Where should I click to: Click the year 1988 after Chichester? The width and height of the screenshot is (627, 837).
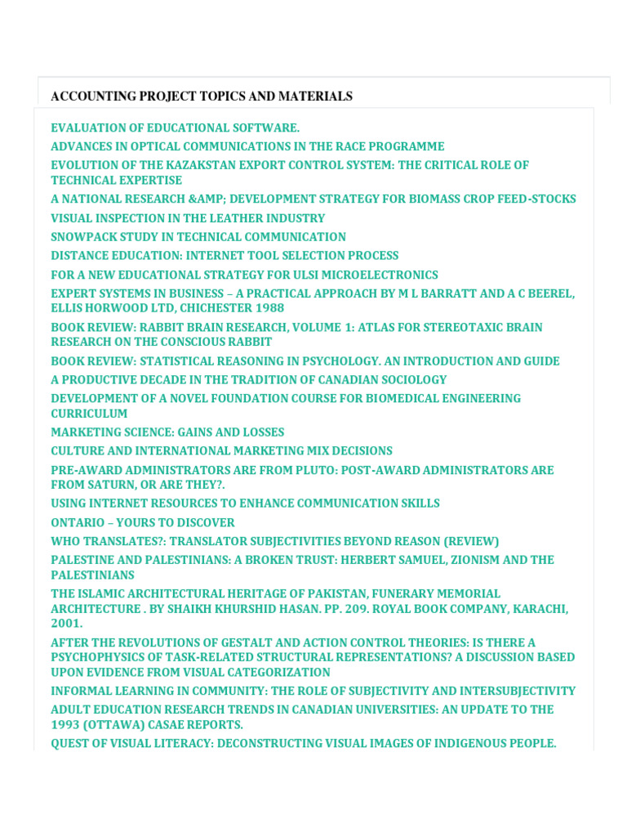coord(269,308)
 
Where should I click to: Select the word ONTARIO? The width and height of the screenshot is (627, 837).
coord(78,522)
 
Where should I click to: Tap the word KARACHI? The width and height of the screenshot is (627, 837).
coord(540,609)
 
